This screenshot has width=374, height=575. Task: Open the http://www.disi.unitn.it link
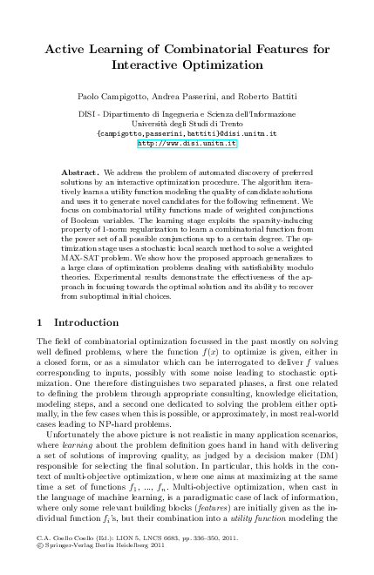click(187, 143)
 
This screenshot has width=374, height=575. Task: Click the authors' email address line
click(187, 133)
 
